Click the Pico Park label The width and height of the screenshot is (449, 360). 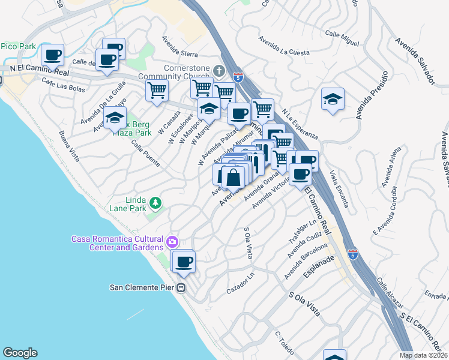tap(19, 46)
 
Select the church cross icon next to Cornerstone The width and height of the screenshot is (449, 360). tap(220, 71)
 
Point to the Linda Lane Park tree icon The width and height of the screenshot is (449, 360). tap(155, 203)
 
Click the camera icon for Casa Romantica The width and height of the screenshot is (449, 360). tap(172, 242)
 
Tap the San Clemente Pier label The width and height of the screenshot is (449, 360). tap(142, 287)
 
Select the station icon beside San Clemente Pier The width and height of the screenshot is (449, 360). tap(181, 287)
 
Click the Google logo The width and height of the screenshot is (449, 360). tap(20, 353)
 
